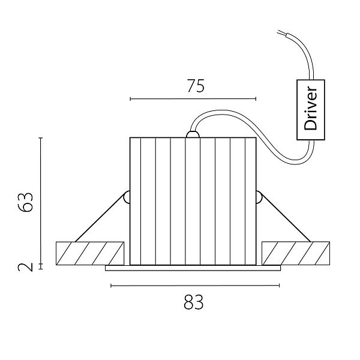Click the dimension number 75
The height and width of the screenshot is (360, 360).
click(196, 86)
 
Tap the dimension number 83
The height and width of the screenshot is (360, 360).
click(194, 302)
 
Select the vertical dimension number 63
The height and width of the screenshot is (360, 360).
click(25, 202)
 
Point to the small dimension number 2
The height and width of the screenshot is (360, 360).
click(25, 267)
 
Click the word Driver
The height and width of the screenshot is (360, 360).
click(310, 108)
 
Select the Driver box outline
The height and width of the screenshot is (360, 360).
click(297, 110)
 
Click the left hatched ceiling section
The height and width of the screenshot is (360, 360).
click(90, 253)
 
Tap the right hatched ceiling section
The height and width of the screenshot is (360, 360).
click(296, 253)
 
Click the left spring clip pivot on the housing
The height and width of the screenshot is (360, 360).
click(127, 197)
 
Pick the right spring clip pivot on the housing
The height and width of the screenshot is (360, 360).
click(259, 197)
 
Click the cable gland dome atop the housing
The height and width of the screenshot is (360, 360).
click(193, 134)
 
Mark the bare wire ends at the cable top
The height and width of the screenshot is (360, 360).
click(282, 33)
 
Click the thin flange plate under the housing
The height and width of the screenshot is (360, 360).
click(193, 268)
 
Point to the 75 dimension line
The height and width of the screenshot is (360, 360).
click(193, 99)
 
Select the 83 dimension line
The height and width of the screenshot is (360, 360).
click(195, 286)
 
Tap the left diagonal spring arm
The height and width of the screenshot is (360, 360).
click(100, 219)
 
